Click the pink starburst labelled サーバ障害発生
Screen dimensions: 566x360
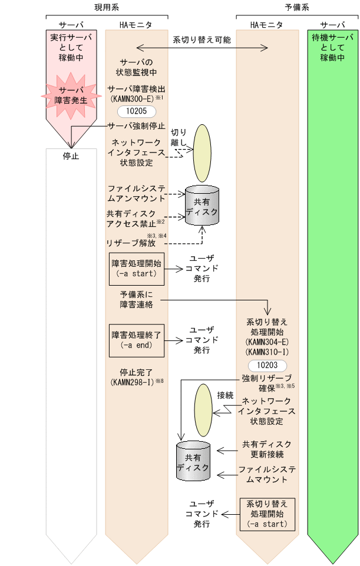point(71,94)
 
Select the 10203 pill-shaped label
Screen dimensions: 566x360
point(267,365)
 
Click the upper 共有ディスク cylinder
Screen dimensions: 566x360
point(202,206)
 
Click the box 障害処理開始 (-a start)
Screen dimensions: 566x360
point(136,268)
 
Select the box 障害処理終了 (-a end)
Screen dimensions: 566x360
point(136,340)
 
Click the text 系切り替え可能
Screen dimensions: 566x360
point(202,41)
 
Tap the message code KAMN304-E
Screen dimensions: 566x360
point(267,342)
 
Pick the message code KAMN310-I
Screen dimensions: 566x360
point(267,352)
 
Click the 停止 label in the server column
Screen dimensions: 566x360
point(71,156)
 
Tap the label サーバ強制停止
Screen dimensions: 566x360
point(137,125)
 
